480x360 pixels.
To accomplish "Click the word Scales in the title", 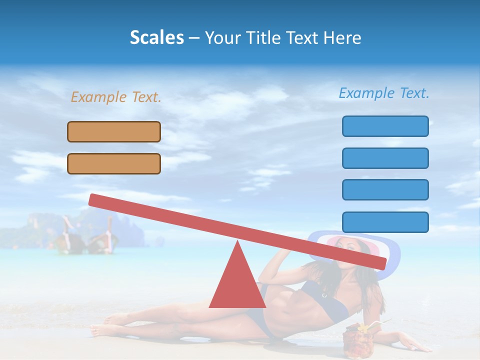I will [x=156, y=37].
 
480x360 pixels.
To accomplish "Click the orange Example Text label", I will [x=116, y=97].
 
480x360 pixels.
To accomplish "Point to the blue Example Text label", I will [x=384, y=93].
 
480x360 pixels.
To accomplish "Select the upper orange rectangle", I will [x=114, y=131].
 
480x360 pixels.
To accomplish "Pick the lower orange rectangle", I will [x=114, y=163].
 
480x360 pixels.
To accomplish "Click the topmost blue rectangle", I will [x=385, y=126].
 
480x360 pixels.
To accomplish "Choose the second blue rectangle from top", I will [x=385, y=158].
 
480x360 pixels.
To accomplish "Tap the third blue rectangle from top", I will [x=385, y=189].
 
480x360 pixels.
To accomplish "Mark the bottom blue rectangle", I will [x=385, y=222].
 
